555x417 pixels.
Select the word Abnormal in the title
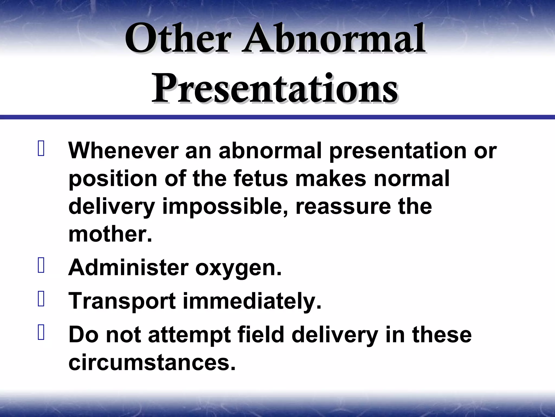(333, 39)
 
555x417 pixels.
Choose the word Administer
(128, 267)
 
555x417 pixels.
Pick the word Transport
(122, 301)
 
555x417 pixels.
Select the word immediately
(252, 301)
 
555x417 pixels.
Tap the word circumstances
(152, 362)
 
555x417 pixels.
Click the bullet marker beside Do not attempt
(41, 333)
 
